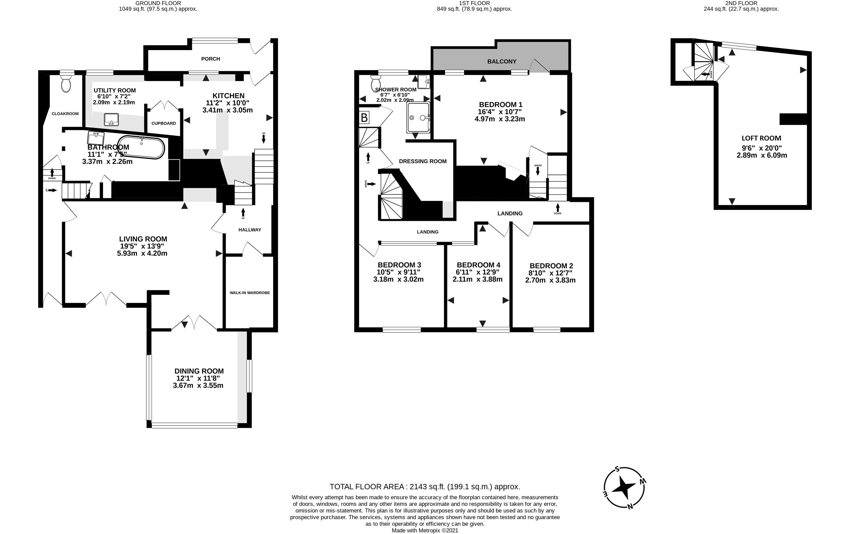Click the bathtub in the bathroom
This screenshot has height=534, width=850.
141,148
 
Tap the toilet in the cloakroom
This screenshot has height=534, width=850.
66,84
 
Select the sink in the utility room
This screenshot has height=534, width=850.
111,119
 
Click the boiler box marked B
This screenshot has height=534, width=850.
364,118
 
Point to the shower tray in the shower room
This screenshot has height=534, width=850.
418,118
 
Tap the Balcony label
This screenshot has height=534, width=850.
502,61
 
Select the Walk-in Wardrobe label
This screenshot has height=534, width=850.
250,293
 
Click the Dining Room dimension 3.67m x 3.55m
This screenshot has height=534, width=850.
198,385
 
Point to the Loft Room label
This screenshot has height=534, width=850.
761,138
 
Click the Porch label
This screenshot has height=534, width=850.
210,59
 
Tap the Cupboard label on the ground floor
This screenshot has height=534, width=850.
163,123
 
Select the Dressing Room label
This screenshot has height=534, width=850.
422,161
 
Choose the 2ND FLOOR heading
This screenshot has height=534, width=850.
741,3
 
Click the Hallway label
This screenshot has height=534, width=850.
250,230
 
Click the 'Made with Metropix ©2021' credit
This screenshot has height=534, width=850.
425,530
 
